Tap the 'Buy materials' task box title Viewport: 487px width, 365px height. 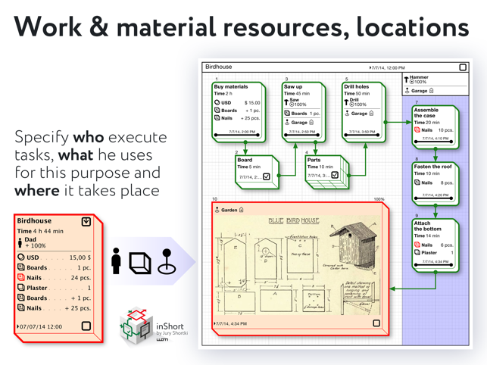[231, 87]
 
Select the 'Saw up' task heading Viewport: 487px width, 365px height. [293, 87]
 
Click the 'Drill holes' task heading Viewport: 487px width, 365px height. [357, 87]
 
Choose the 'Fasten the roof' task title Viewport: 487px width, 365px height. [433, 166]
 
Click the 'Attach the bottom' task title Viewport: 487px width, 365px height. [428, 227]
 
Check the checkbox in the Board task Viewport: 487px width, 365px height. [266, 176]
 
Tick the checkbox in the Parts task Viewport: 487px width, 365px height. [335, 176]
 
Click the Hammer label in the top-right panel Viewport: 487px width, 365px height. [419, 76]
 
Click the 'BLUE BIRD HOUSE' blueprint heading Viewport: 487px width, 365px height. [294, 220]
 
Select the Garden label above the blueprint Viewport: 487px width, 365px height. [229, 210]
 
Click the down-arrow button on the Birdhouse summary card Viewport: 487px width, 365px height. [86, 221]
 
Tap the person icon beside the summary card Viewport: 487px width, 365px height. [117, 260]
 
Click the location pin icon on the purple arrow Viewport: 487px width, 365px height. [167, 260]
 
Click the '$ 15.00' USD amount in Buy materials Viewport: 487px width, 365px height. [251, 102]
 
